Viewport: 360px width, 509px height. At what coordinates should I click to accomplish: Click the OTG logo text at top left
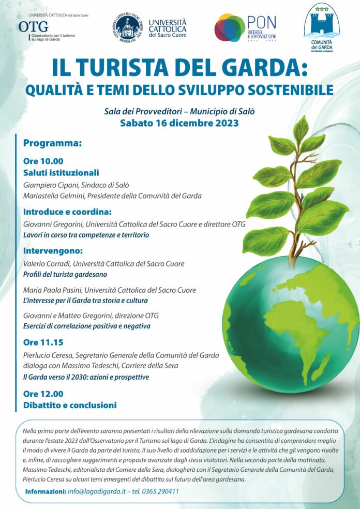[x=33, y=26]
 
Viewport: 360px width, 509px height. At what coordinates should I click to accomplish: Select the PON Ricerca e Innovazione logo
[x=245, y=28]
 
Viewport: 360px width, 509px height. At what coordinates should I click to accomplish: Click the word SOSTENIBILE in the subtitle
[x=289, y=89]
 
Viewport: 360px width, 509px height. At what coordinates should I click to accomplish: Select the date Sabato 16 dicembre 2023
[x=179, y=123]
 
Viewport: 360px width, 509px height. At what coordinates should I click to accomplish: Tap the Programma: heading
[x=52, y=143]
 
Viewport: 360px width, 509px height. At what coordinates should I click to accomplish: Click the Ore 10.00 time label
[x=43, y=161]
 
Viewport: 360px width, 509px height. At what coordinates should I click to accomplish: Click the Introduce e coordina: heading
[x=67, y=212]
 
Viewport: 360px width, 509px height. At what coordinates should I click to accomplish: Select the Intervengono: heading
[x=53, y=251]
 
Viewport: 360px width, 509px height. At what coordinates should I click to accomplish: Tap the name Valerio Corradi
[x=47, y=264]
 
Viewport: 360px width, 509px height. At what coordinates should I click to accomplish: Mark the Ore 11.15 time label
[x=43, y=342]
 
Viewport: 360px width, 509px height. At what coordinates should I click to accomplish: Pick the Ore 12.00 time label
[x=43, y=394]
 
